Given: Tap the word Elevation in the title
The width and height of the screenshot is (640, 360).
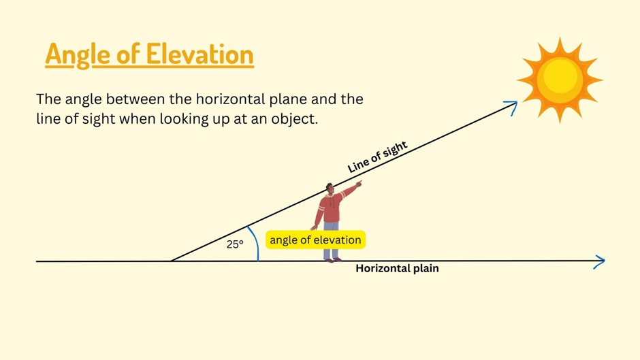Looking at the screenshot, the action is point(199,54).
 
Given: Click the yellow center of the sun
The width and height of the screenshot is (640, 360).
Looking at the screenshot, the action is point(560,79).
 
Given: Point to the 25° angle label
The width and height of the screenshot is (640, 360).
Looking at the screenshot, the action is point(235,244).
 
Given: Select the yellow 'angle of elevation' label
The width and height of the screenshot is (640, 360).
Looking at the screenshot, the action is point(315,240).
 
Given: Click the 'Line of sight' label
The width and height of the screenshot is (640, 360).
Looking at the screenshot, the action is point(377,157).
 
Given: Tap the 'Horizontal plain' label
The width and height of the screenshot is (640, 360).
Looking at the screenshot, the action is point(397,268).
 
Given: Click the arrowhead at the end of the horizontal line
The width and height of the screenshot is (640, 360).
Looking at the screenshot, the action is point(600,261).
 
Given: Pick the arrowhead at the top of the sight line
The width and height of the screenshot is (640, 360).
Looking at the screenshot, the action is point(511,107).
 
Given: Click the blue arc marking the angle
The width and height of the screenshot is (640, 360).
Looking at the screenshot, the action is point(255,243).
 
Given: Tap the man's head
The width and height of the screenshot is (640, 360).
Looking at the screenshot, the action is point(330,189).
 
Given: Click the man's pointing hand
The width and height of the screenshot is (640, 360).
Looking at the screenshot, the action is point(358,184).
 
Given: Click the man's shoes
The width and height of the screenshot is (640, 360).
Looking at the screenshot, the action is point(332,259).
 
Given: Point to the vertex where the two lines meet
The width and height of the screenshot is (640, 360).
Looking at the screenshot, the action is point(172,261).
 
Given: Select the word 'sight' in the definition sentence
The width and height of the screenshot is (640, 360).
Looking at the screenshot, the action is point(99,119).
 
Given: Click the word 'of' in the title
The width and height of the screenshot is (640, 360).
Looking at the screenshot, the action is point(128,54).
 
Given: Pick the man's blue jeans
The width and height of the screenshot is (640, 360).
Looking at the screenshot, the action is point(332,240).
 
